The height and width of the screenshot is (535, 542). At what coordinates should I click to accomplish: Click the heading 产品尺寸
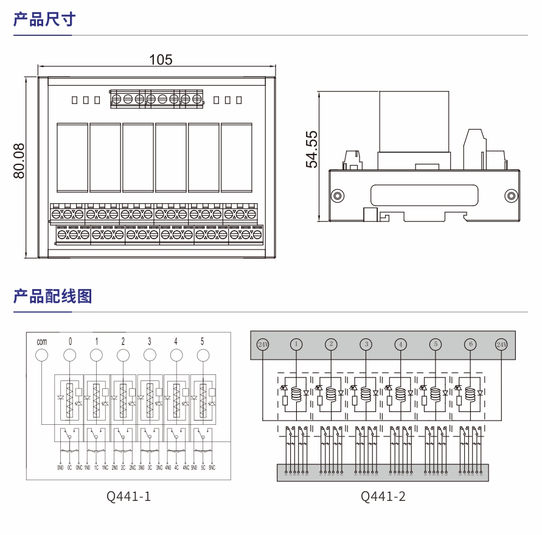coord(44,19)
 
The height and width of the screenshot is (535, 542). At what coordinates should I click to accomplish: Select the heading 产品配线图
coord(52,296)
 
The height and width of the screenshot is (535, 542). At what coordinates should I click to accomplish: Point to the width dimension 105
coord(161,60)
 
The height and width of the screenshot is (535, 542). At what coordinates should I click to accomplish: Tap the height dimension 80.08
coord(19,161)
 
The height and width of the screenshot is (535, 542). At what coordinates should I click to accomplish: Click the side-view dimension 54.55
coord(311,149)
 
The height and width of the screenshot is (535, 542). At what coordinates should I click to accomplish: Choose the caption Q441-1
coord(128,497)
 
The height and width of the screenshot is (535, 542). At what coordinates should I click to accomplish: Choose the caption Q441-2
coord(383,497)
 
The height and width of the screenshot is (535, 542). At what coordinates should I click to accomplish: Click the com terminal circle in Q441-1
coord(42,355)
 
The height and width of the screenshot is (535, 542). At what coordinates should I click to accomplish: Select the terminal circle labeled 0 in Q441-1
coord(70,355)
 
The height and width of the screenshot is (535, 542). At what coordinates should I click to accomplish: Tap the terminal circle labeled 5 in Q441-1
coord(202,355)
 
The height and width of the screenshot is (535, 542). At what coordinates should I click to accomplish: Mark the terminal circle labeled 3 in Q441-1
coord(149,355)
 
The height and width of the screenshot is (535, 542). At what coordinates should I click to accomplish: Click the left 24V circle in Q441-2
coord(263,344)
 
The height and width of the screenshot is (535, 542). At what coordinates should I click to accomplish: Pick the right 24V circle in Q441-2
coord(501,344)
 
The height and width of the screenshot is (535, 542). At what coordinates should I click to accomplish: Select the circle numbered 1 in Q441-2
coord(296,344)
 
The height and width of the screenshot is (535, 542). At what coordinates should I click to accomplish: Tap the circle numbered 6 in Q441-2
coord(470,344)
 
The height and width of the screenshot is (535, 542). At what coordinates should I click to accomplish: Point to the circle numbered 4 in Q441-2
coord(400,344)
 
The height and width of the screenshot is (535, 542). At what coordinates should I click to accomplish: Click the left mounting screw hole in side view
coord(336,196)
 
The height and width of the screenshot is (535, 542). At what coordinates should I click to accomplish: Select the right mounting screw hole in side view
coord(512,196)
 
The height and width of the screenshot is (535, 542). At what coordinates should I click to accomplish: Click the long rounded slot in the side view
coord(424,196)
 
